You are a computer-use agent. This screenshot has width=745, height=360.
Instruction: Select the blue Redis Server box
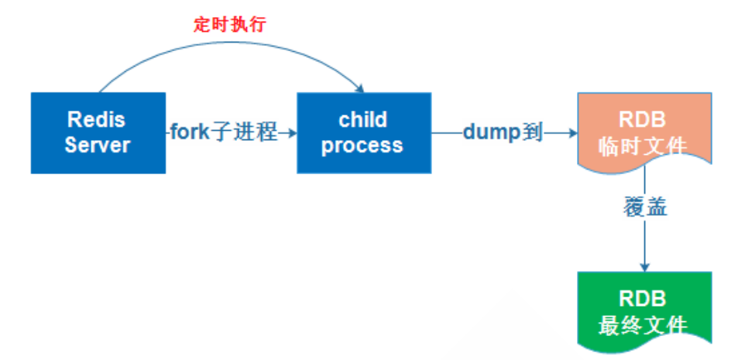[x=98, y=132]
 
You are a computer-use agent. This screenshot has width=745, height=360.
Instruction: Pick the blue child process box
[x=363, y=132]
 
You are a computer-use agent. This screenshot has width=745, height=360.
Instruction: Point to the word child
[x=362, y=120]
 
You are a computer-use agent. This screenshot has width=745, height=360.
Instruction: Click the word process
[x=362, y=145]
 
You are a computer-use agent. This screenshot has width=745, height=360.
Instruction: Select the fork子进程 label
[x=223, y=132]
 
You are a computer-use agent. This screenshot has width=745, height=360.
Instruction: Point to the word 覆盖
[x=644, y=210]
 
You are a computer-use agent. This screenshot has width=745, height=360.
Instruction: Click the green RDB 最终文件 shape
[x=644, y=309]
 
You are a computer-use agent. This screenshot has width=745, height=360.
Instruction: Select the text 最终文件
[x=644, y=324]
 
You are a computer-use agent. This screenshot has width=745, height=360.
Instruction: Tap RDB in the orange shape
[x=644, y=120]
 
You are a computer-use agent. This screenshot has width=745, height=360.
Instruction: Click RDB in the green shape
[x=644, y=298]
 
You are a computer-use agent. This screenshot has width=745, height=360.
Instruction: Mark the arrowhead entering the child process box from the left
[x=293, y=133]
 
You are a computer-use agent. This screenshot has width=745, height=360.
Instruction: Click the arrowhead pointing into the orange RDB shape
[x=572, y=133]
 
